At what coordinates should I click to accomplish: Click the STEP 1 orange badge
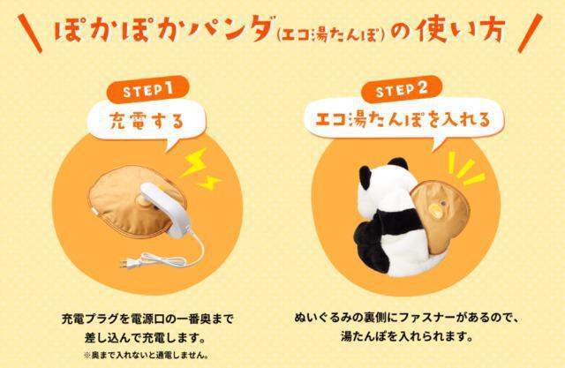click(x=147, y=90)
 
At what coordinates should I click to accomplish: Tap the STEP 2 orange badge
click(x=402, y=89)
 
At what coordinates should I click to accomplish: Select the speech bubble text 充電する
click(x=147, y=121)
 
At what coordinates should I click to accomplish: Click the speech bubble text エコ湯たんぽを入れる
click(x=403, y=118)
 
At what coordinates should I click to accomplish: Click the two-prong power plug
click(x=131, y=264)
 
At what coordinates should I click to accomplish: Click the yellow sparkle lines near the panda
click(x=466, y=169)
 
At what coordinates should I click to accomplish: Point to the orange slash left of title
click(x=30, y=34)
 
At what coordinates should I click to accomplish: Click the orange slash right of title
click(x=530, y=33)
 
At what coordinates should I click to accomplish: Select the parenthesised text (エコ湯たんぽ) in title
click(x=332, y=35)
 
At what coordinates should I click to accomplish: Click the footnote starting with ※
click(x=147, y=356)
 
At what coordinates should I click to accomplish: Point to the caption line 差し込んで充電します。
click(x=147, y=338)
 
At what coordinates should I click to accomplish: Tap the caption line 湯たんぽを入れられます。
click(x=407, y=336)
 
